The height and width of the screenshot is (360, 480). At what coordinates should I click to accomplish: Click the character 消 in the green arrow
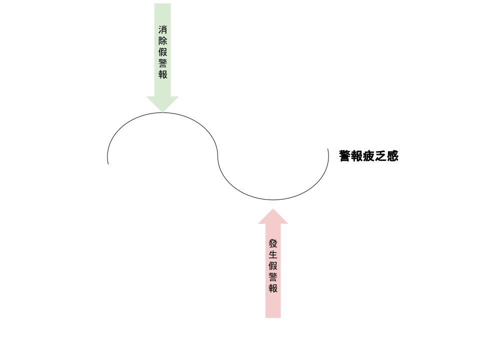(x=162, y=29)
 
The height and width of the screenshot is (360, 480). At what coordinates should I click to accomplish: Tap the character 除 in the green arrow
(x=162, y=41)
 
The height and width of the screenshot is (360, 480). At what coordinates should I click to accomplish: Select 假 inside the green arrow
(x=162, y=52)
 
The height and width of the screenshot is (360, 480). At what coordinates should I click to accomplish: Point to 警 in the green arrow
(x=162, y=63)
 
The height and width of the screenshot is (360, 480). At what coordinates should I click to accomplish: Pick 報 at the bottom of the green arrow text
(x=162, y=74)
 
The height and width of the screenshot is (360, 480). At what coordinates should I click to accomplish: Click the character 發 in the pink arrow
(x=273, y=243)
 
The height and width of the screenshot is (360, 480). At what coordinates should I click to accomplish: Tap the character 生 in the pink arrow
(x=273, y=254)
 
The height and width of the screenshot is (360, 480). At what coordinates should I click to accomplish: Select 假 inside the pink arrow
(x=273, y=266)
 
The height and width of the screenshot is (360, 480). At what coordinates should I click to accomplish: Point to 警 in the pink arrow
(x=273, y=277)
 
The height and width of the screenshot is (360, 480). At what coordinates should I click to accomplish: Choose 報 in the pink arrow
(x=273, y=288)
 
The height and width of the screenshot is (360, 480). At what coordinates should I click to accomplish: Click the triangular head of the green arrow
(x=162, y=103)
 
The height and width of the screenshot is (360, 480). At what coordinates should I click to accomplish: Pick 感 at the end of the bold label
(x=392, y=156)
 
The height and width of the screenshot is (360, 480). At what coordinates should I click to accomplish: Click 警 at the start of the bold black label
(x=344, y=156)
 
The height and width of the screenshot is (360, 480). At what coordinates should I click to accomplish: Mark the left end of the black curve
(x=108, y=163)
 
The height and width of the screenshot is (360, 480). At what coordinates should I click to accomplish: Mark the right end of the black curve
(x=328, y=149)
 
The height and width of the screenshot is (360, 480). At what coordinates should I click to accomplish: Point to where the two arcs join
(x=218, y=156)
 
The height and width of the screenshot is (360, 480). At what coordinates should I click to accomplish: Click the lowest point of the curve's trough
(x=273, y=199)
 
